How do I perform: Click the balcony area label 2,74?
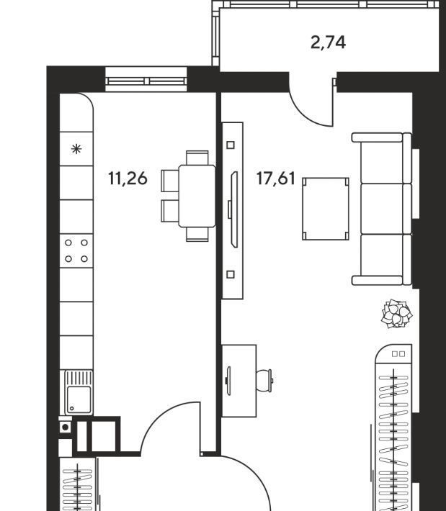328,42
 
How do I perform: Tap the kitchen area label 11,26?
128,178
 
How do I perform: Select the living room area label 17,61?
276,178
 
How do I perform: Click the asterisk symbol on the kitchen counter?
76,149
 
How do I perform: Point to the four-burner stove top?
76,250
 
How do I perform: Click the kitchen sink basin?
79,400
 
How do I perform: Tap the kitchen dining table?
197,196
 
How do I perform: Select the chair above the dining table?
197,158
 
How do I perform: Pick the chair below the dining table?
197,235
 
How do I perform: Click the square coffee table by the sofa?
326,209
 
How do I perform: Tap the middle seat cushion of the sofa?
382,209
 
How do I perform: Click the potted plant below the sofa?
397,314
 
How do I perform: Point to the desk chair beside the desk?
264,380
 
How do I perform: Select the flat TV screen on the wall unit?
234,209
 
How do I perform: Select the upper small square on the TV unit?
231,145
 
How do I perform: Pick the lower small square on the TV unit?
231,274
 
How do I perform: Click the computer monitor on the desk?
228,380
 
